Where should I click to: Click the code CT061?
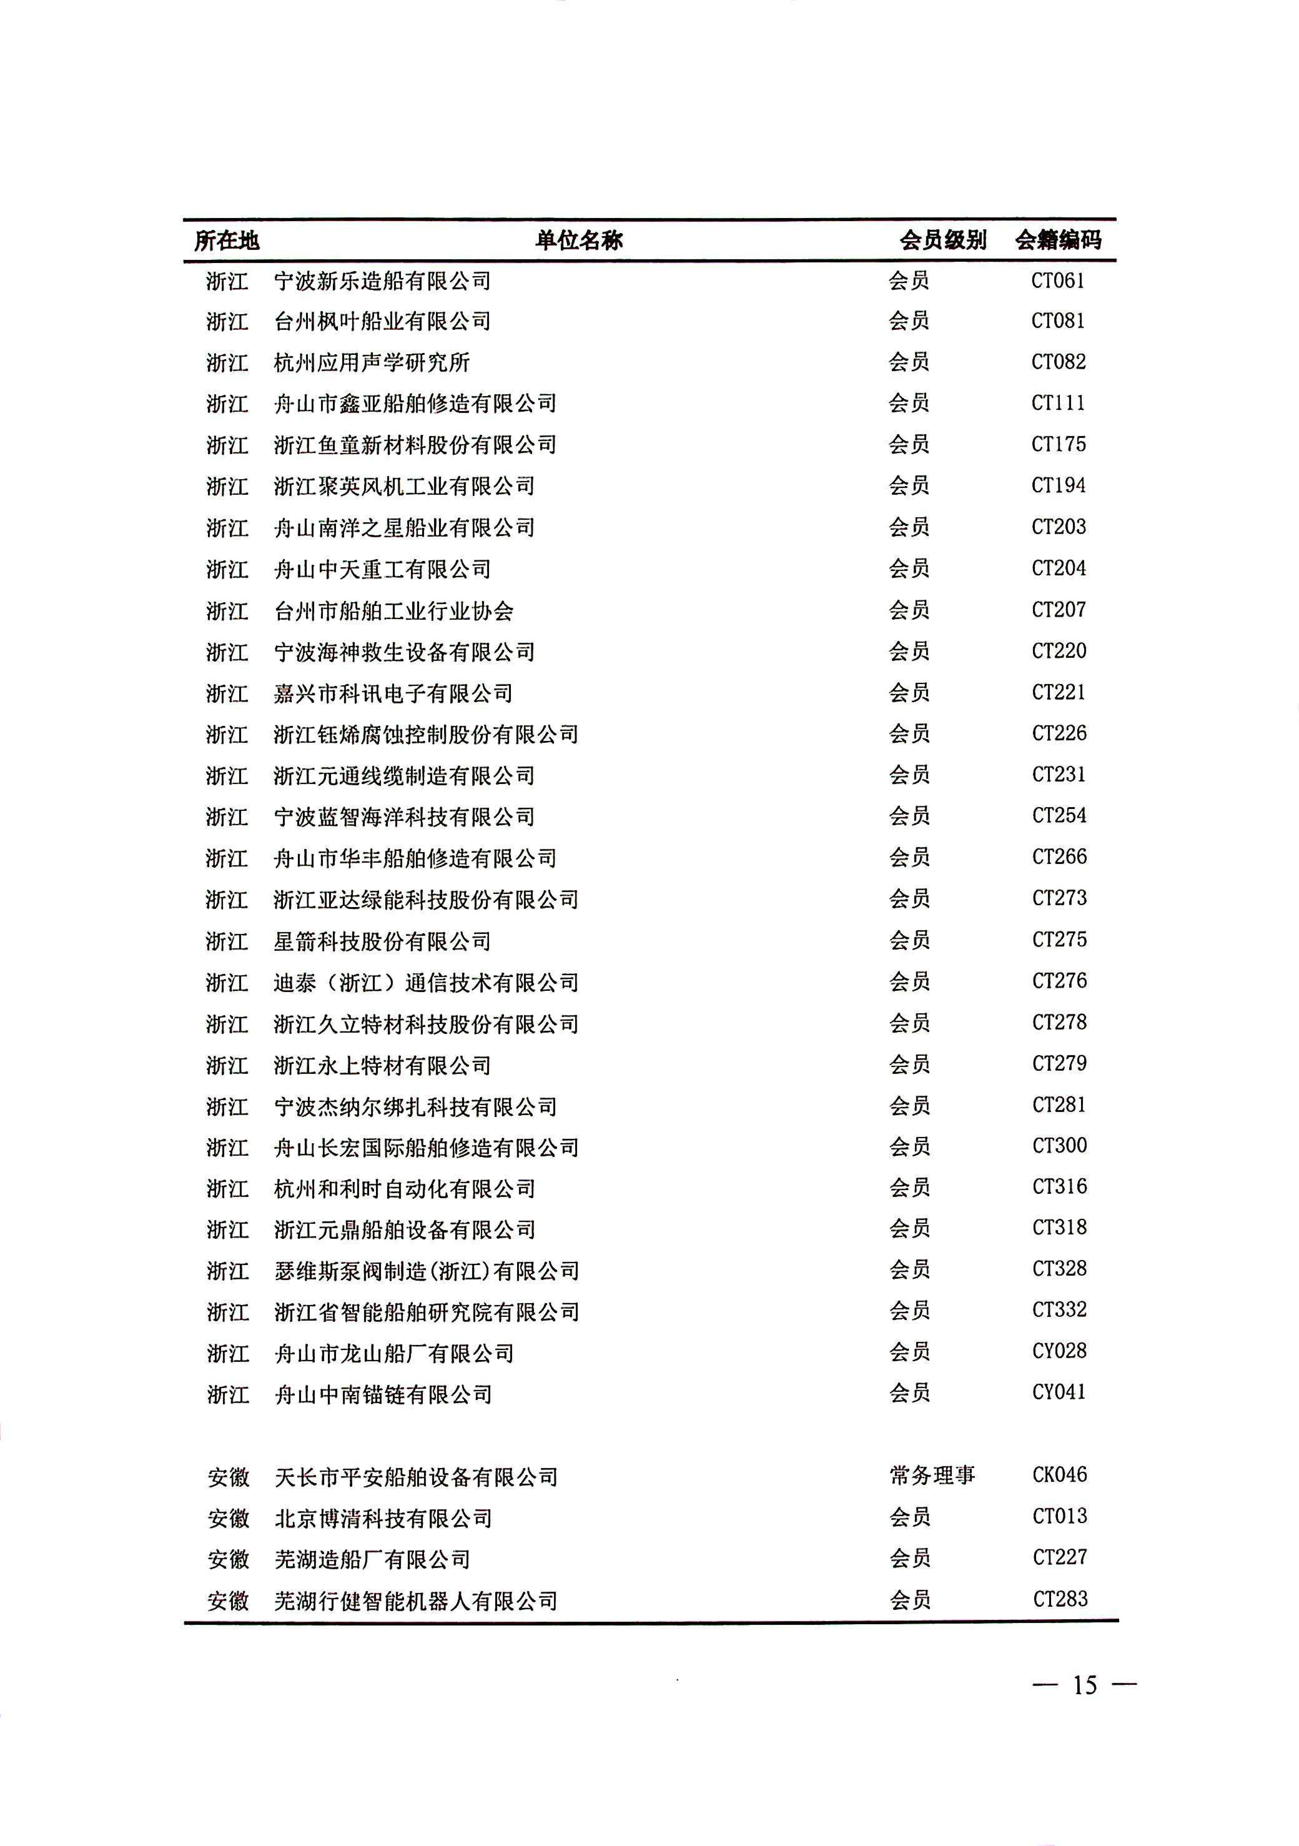coord(1058,281)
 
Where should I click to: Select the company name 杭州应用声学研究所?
coord(371,363)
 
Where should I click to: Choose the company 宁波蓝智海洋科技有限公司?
coord(404,817)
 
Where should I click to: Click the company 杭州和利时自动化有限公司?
coord(404,1188)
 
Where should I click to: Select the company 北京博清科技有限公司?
coord(383,1518)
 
